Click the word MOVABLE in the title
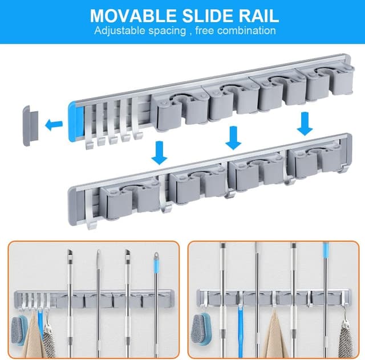(133, 16)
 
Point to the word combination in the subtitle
(246, 30)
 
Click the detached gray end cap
(30, 125)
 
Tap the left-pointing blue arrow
(54, 124)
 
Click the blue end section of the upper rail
(75, 121)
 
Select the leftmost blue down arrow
(159, 153)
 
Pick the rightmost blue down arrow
(305, 124)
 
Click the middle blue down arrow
(233, 138)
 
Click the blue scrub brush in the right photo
(200, 325)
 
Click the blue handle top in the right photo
(326, 249)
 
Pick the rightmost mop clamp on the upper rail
(330, 84)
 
